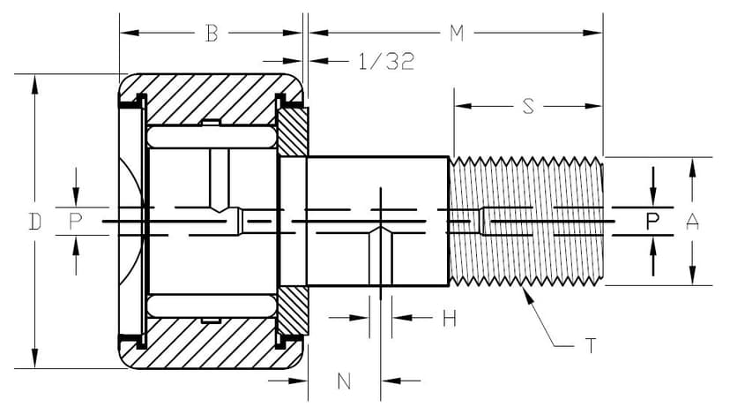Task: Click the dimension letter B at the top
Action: (212, 34)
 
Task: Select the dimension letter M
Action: (456, 34)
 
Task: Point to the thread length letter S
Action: (528, 106)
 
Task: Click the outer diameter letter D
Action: (34, 222)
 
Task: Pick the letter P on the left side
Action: (76, 222)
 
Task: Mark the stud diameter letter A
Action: (693, 222)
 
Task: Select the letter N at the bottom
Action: (345, 381)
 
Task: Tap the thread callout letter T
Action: (590, 345)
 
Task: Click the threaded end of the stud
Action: (526, 221)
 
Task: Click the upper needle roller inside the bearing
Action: (212, 137)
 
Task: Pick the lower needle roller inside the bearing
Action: (212, 306)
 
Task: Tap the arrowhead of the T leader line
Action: (526, 292)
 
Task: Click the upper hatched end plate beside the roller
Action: (294, 130)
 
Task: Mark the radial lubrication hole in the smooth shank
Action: (381, 256)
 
